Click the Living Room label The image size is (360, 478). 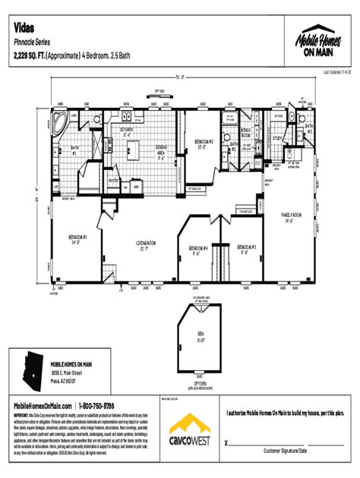(x=146, y=246)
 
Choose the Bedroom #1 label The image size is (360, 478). (x=77, y=240)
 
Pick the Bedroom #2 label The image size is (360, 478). (x=204, y=143)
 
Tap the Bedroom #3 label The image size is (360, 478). (x=246, y=249)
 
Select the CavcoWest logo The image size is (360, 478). (x=190, y=433)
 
